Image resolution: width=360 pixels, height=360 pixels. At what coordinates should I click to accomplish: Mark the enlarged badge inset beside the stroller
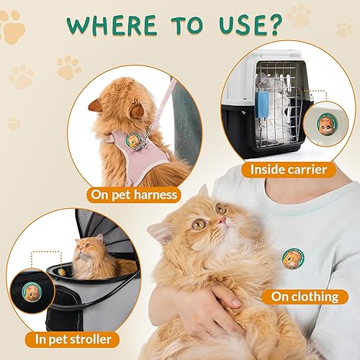coord(45,276)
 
